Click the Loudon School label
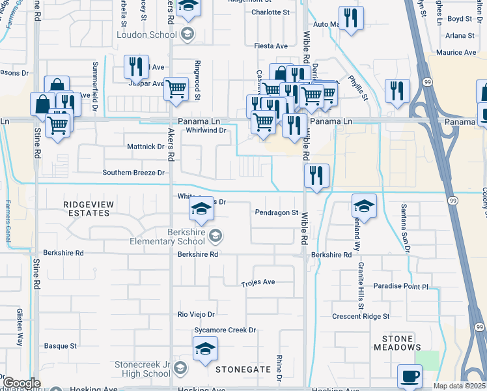[146, 35]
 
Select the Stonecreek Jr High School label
[143, 368]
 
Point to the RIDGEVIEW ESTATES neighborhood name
[86, 209]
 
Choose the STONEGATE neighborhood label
[244, 369]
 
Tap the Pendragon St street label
[277, 212]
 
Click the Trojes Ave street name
[258, 283]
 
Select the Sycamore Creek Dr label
[225, 330]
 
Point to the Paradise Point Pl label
[401, 286]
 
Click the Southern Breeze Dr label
[133, 173]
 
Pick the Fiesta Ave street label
[270, 46]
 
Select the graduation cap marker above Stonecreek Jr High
[205, 349]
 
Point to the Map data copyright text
[460, 386]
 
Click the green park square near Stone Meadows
[426, 359]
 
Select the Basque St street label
[60, 346]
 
